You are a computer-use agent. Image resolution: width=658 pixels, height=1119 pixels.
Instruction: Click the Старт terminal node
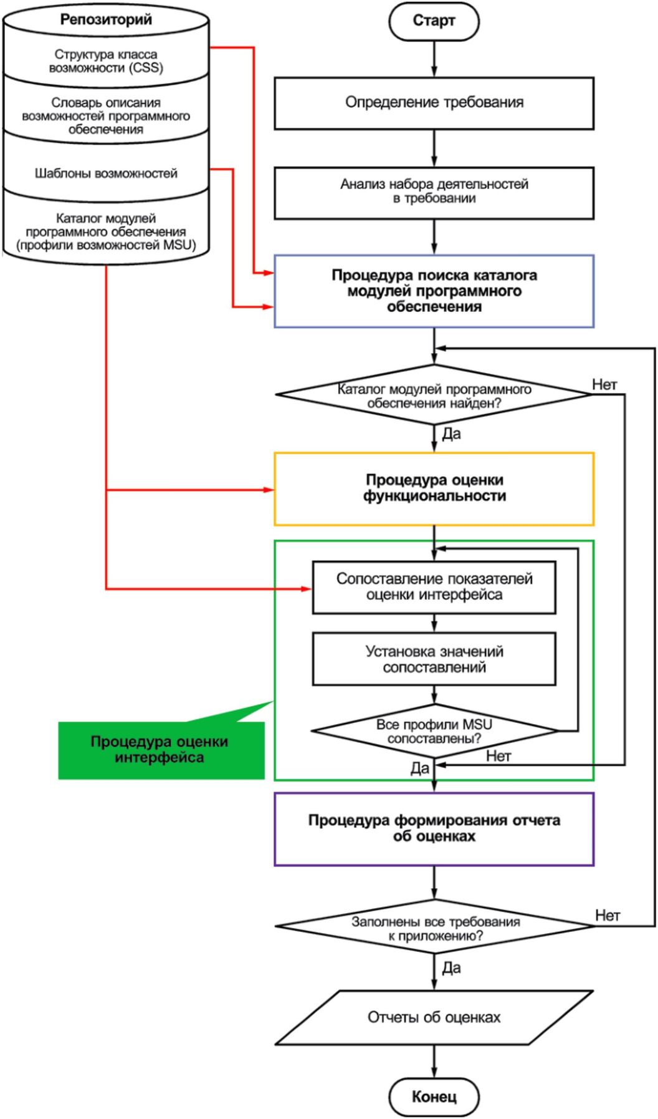tap(434, 21)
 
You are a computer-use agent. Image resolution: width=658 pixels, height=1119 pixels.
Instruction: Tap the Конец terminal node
tap(434, 1097)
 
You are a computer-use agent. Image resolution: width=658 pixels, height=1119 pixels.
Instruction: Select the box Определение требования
tap(434, 103)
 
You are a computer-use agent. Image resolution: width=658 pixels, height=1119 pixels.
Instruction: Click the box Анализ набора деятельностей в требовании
tap(434, 191)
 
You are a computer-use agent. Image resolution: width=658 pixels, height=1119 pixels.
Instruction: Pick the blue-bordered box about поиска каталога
tap(434, 291)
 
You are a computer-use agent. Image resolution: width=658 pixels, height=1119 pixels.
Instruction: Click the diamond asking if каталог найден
tap(434, 395)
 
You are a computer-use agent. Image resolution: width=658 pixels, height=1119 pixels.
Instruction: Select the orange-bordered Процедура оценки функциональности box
tap(434, 488)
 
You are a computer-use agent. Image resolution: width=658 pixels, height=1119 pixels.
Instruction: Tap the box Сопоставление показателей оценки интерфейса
tap(434, 587)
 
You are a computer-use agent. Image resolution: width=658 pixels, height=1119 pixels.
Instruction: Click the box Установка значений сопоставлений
tap(434, 659)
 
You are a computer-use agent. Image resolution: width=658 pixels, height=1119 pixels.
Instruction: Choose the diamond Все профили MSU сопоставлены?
tap(434, 731)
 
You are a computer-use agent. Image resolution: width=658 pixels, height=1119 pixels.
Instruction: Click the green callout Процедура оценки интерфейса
tap(160, 750)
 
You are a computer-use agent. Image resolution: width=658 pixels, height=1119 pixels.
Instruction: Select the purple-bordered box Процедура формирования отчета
tap(434, 828)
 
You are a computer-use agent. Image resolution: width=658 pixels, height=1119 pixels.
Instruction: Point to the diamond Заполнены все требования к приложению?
tap(434, 928)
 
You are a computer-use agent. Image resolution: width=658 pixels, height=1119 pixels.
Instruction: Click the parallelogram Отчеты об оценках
tap(434, 1017)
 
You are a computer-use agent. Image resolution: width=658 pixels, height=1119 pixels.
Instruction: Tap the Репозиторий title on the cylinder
tap(106, 20)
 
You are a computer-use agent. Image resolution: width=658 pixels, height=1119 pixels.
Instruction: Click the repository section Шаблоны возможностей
tap(106, 173)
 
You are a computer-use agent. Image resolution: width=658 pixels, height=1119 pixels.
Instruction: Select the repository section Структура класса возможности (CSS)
tap(106, 61)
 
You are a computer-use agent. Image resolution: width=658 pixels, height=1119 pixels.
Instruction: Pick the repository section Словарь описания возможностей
tap(106, 116)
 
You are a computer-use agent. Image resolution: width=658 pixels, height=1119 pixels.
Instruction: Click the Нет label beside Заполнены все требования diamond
tap(607, 915)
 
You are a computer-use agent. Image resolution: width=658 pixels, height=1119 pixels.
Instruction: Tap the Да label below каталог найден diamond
tap(451, 434)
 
